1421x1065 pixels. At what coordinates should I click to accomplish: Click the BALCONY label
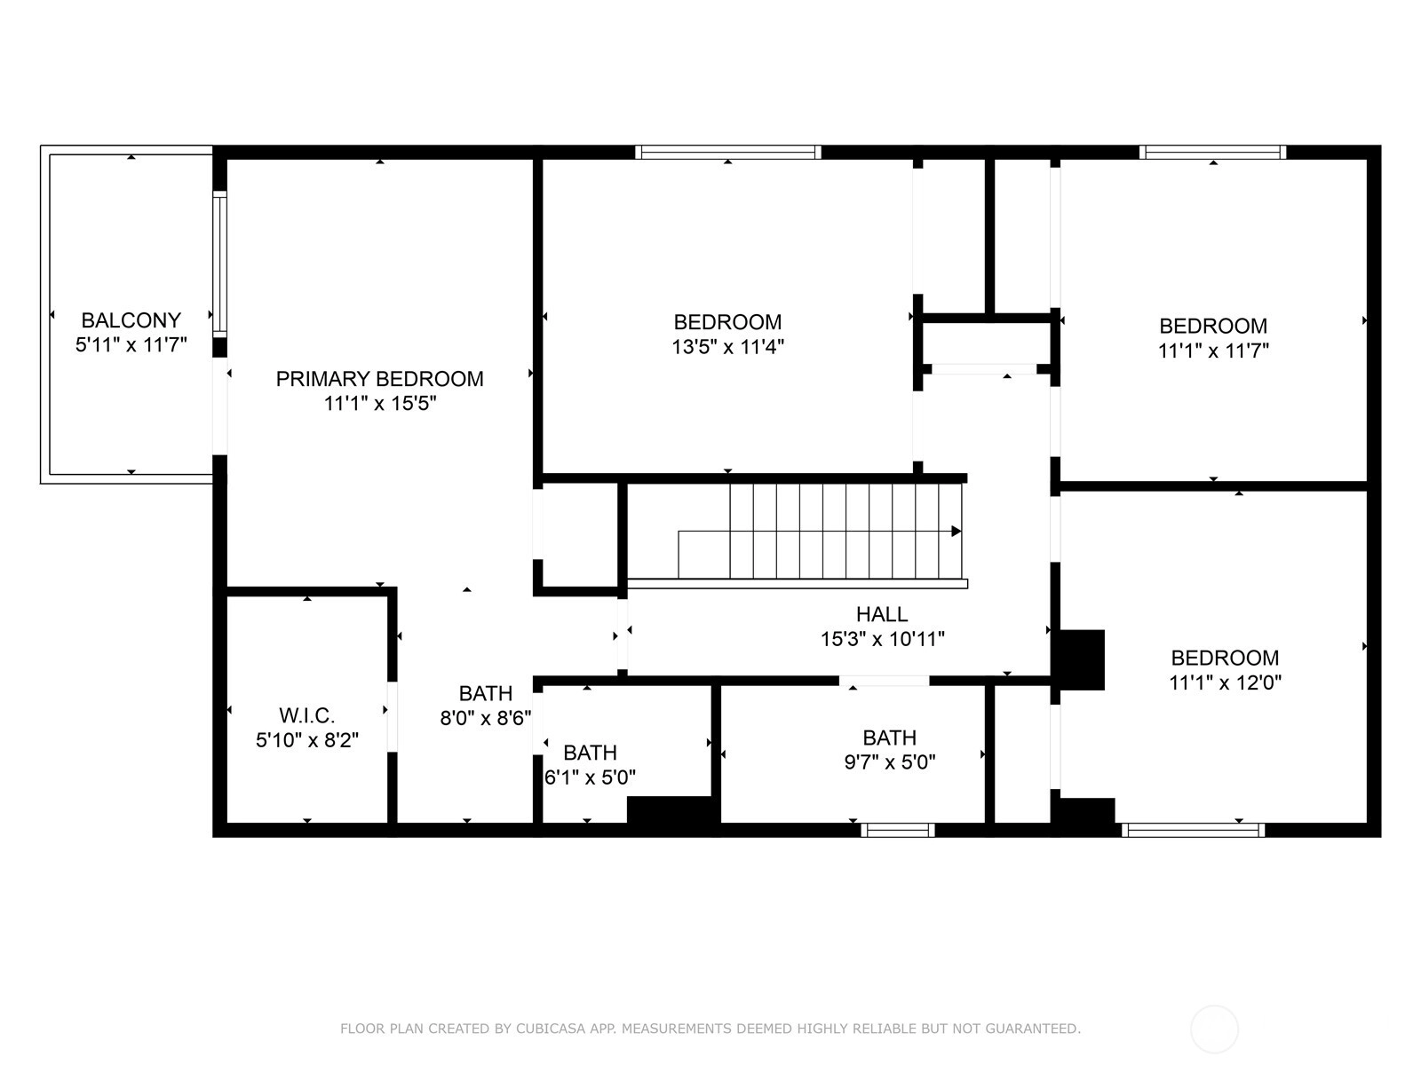point(131,320)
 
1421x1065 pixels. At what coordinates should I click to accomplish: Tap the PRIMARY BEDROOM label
point(379,378)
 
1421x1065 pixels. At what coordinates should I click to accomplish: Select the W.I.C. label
point(307,715)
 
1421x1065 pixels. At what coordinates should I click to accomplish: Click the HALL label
point(882,613)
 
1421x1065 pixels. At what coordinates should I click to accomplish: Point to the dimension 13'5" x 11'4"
point(727,347)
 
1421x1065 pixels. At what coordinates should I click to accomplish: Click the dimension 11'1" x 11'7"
point(1213,351)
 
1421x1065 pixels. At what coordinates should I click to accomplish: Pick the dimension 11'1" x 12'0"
point(1225,682)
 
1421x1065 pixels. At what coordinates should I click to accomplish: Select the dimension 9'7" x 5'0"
point(890,762)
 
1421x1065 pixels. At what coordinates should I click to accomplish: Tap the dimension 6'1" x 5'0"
point(590,777)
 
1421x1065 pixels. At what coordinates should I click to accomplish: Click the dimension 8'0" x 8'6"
point(486,718)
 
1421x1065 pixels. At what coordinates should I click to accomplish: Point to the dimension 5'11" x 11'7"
point(131,344)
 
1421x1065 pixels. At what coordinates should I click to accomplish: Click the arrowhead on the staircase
point(957,532)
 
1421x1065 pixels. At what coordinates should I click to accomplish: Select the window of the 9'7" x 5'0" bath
point(898,831)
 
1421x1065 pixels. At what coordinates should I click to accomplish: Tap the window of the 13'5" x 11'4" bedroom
point(728,152)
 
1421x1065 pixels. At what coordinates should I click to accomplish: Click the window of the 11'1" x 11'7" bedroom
point(1212,152)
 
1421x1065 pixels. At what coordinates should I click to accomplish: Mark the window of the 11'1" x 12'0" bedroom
point(1193,831)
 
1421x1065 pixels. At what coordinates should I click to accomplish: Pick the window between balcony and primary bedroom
point(220,264)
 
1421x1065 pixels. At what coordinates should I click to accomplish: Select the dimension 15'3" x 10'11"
point(883,640)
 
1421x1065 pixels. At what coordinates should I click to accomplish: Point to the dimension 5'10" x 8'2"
point(307,740)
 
